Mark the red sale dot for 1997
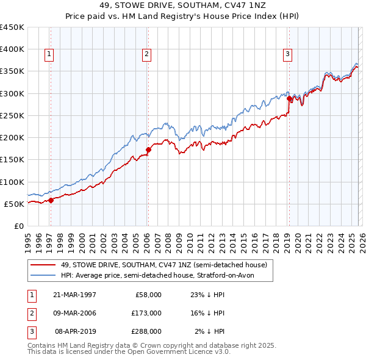[51, 200]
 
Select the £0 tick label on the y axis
[20, 226]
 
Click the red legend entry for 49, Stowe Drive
[163, 265]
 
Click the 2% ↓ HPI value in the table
[210, 331]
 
